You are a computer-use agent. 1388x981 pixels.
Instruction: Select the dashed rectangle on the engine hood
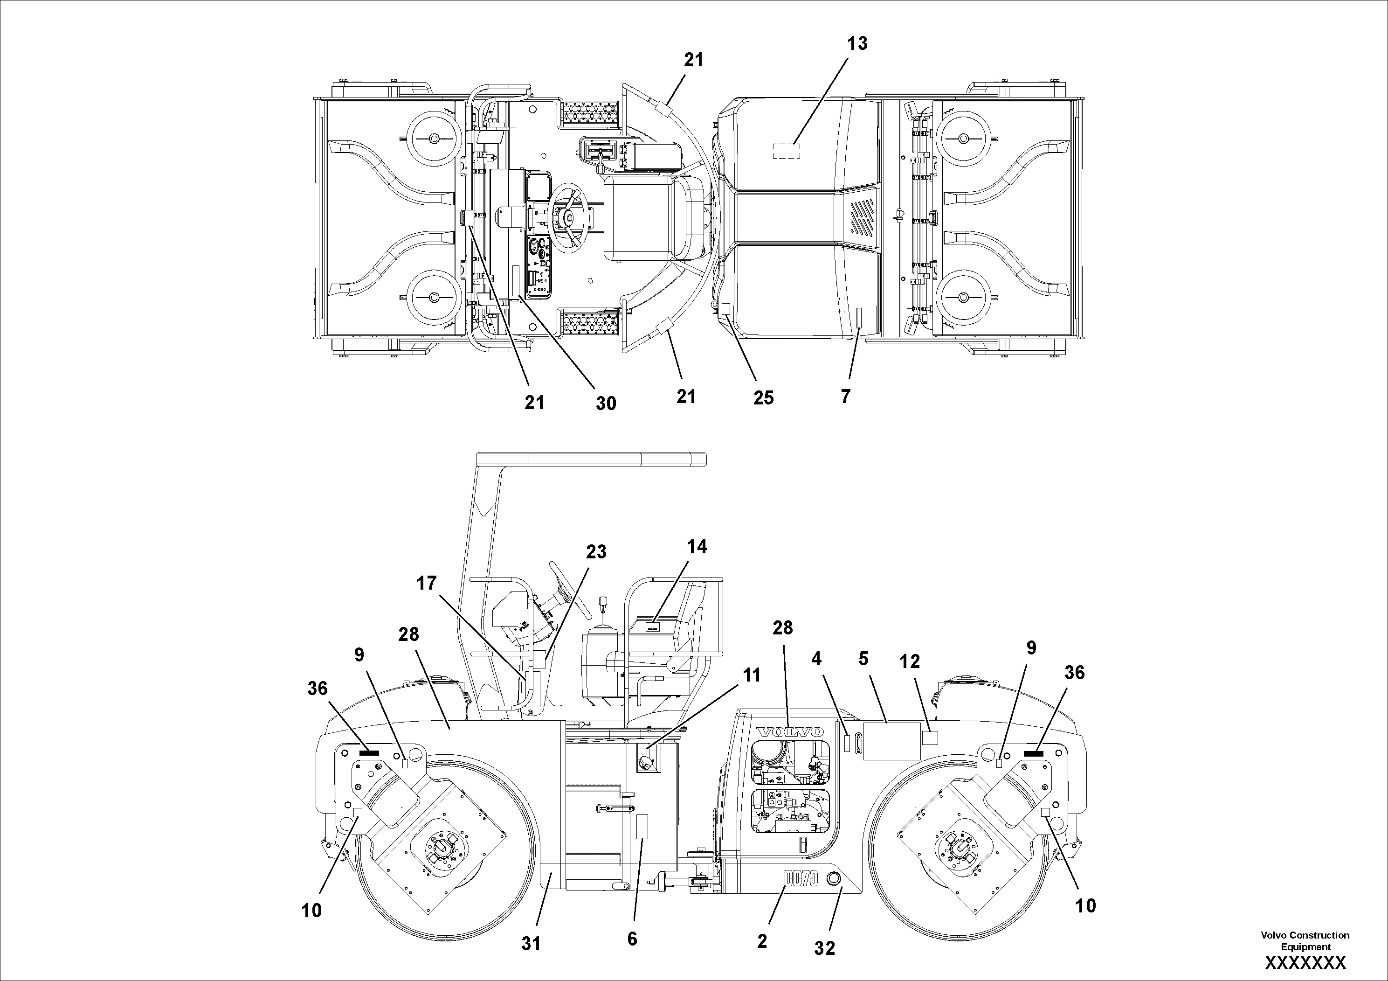click(787, 151)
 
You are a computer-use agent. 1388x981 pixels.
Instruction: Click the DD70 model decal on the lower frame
click(801, 879)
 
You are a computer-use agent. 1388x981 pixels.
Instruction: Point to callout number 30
click(606, 404)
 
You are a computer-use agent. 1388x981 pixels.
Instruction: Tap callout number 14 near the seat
click(697, 546)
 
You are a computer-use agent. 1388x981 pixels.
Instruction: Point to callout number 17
click(426, 583)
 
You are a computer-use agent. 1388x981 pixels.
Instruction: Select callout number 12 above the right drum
click(909, 661)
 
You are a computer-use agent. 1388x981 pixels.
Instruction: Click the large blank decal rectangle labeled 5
click(891, 741)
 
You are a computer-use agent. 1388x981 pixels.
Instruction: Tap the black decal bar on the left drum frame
click(369, 752)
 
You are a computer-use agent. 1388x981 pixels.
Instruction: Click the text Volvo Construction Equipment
click(1305, 940)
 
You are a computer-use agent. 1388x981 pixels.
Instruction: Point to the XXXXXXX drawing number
click(1305, 963)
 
